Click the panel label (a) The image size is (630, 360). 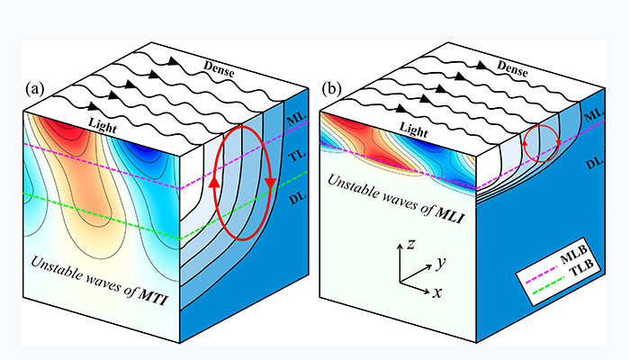point(35,88)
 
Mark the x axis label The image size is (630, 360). point(436,294)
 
